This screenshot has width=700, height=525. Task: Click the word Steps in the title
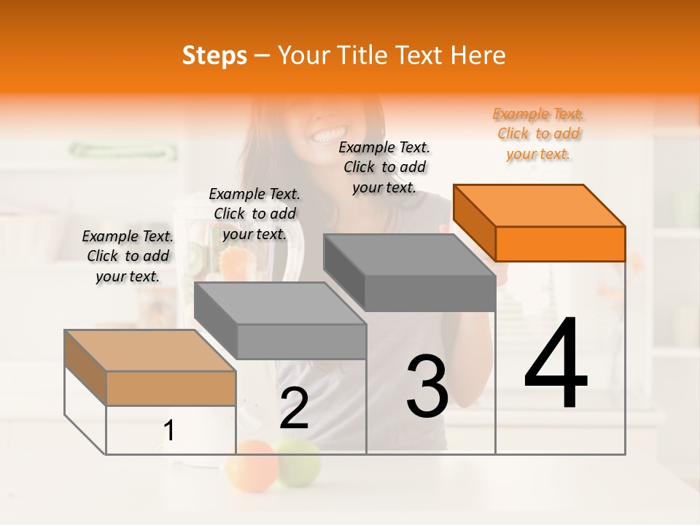[214, 55]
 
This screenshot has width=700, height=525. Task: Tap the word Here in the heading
[478, 55]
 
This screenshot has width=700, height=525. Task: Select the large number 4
[556, 364]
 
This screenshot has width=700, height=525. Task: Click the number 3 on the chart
[427, 386]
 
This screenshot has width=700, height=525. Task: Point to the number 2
[294, 408]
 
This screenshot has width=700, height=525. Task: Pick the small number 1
[169, 431]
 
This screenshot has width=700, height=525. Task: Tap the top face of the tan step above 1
[150, 351]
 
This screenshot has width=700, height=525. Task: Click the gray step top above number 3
[410, 254]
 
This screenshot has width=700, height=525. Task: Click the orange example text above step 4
[539, 134]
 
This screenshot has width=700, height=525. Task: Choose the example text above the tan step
[128, 256]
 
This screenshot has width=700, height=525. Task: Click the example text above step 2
[254, 214]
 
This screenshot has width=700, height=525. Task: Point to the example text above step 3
[384, 167]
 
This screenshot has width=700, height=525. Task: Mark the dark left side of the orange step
[474, 222]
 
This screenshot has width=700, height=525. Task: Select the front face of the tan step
[171, 388]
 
